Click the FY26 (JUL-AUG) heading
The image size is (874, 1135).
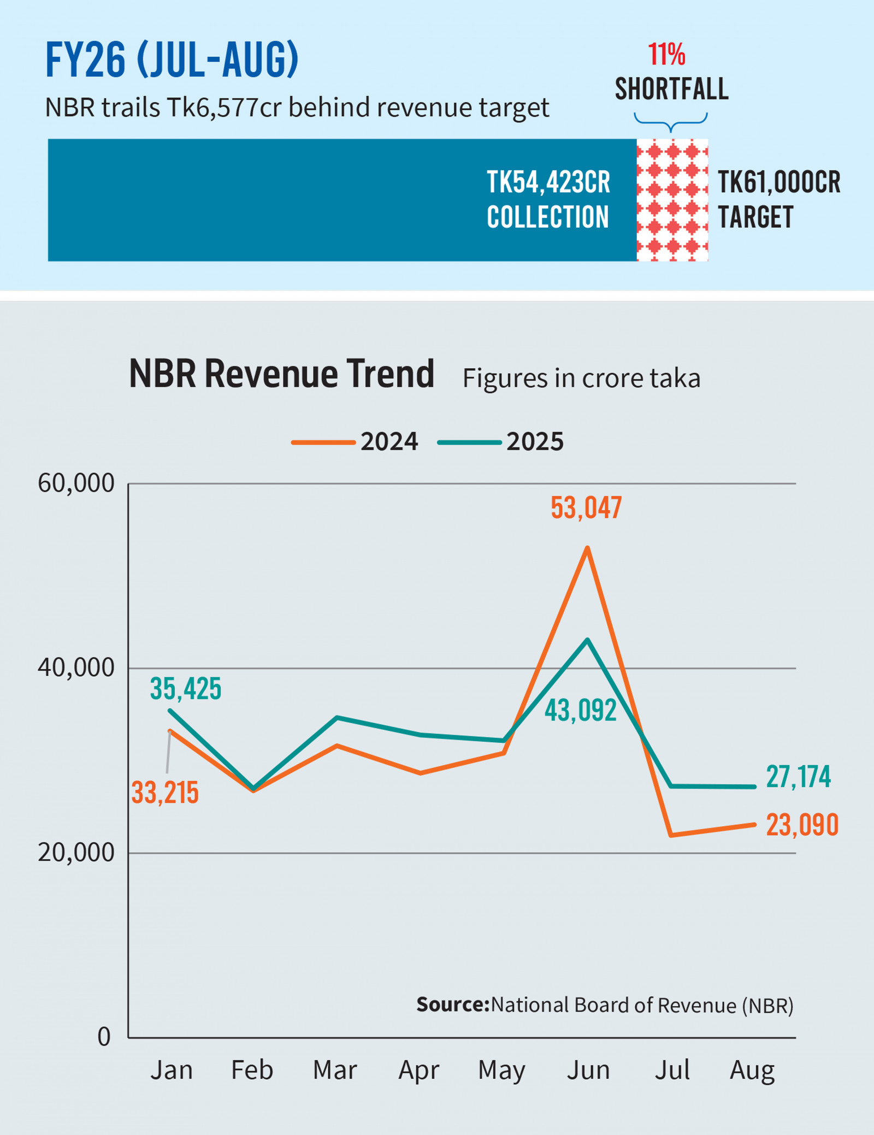[172, 60]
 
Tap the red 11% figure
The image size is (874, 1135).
[666, 54]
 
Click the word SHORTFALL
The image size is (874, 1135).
[671, 89]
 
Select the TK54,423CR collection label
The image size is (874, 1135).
[548, 199]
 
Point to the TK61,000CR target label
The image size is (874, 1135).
[778, 199]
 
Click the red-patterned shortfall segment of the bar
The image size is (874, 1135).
[672, 200]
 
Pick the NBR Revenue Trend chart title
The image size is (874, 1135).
[281, 374]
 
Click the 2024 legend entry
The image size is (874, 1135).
[355, 441]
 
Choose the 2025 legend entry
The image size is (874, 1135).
[501, 441]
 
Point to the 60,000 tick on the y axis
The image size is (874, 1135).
[76, 483]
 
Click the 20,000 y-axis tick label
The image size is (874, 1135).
[76, 853]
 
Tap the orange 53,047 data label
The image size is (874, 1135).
[586, 508]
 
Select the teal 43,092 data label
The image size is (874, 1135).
[581, 711]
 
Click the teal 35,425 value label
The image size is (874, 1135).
[186, 688]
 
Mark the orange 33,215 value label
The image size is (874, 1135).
[165, 793]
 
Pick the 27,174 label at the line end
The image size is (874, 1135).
[798, 777]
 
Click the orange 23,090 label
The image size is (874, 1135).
[802, 825]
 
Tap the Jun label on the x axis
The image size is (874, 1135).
[588, 1070]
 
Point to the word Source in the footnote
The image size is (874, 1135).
[452, 1004]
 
